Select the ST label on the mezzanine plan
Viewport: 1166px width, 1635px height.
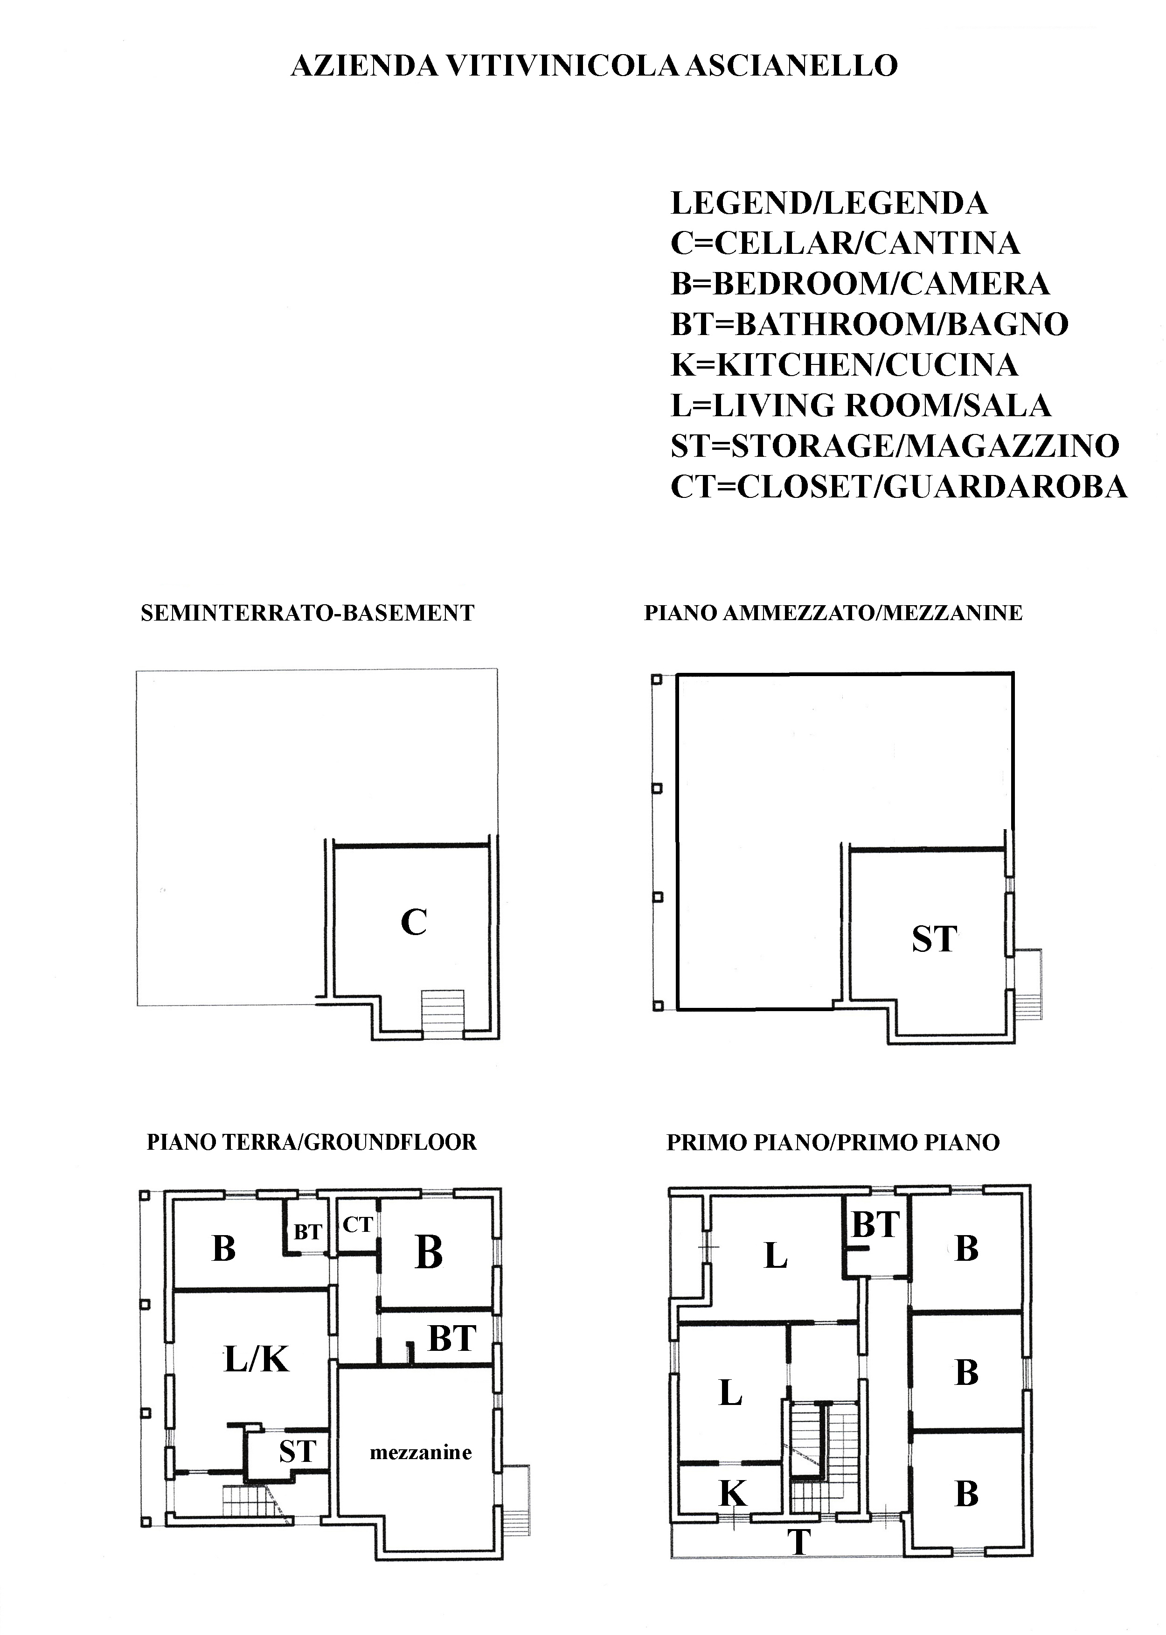934,939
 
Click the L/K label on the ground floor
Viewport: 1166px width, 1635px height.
257,1359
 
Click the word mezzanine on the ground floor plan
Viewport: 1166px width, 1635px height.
421,1453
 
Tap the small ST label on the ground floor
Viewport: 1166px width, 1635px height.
297,1452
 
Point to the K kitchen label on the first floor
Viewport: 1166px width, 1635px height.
733,1494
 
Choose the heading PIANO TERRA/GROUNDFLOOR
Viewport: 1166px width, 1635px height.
312,1142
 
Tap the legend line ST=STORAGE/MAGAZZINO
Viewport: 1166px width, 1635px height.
895,446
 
